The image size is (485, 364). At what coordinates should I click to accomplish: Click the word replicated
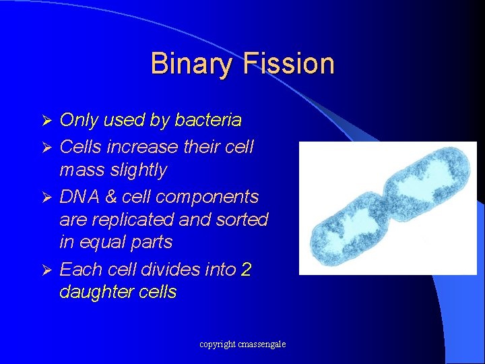(x=135, y=220)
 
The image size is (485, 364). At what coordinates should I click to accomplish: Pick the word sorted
(x=243, y=220)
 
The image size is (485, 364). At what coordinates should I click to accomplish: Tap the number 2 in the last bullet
(x=246, y=270)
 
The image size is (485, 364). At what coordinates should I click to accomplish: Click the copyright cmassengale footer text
(x=243, y=344)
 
